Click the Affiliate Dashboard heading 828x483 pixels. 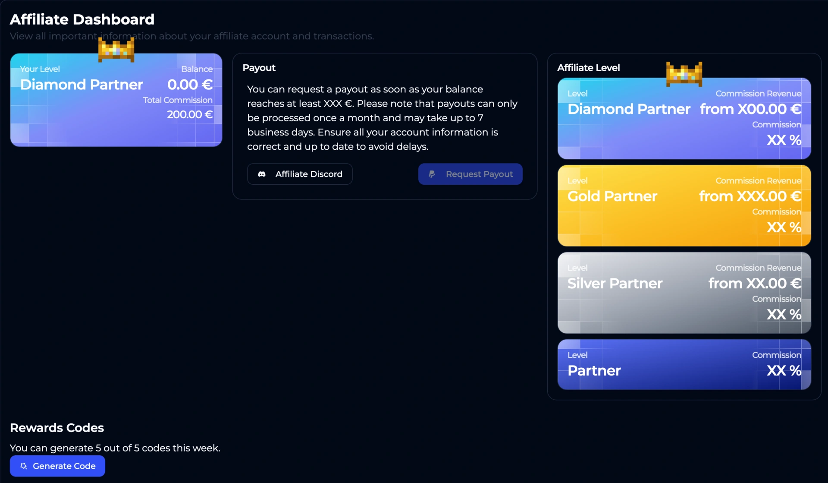82,19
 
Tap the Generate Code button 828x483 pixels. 57,466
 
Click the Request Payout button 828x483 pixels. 470,174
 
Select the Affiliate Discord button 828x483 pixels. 300,174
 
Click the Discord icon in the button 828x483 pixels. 262,174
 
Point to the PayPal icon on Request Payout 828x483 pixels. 432,174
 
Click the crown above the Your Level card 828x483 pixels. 116,49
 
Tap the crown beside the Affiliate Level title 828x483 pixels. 684,74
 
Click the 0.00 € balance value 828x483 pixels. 190,85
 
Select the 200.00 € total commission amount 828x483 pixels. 190,114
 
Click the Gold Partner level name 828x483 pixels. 612,196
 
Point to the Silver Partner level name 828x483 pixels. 615,284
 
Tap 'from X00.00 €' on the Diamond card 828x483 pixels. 750,109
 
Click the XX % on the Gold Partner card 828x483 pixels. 784,227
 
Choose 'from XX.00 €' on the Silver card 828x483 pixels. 755,284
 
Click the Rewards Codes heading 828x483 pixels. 57,428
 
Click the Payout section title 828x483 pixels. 259,68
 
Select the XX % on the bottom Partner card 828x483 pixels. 784,371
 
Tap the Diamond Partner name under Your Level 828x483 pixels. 82,85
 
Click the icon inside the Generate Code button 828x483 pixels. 24,466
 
